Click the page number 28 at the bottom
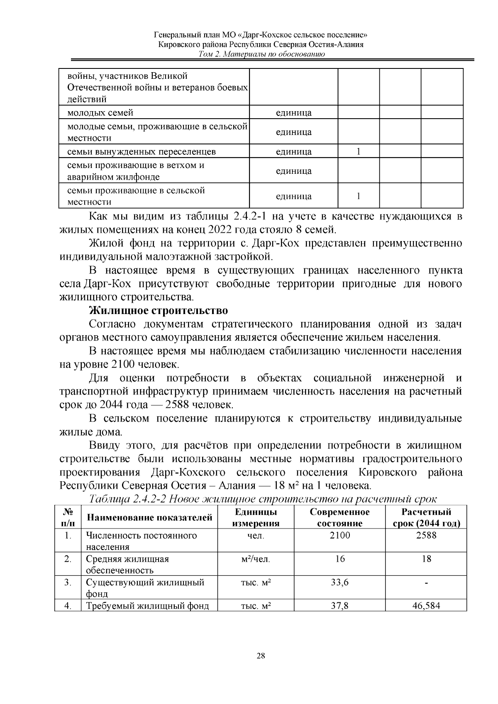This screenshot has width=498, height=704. [x=261, y=656]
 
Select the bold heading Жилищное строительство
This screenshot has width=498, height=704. [x=159, y=310]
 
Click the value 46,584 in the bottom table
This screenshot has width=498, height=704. [x=426, y=606]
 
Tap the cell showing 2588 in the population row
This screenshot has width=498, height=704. [x=426, y=535]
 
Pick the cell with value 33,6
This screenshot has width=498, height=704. [x=339, y=582]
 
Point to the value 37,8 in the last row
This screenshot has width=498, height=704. [x=339, y=606]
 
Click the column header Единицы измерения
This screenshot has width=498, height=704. [x=256, y=517]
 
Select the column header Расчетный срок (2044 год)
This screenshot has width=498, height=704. [x=426, y=517]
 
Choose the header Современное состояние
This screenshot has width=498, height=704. [x=339, y=517]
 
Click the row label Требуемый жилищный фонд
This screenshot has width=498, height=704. [x=147, y=606]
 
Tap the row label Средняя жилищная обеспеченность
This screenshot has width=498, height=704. [x=127, y=564]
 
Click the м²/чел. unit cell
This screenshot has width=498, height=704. [x=256, y=559]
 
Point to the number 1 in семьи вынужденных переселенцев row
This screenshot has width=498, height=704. [x=359, y=151]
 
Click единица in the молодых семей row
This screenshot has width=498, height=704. [x=294, y=113]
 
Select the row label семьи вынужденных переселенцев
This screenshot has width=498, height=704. [x=142, y=151]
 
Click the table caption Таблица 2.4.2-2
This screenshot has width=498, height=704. [x=263, y=499]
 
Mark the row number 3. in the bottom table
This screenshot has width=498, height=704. [x=68, y=582]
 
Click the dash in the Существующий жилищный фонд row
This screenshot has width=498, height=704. [x=426, y=583]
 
